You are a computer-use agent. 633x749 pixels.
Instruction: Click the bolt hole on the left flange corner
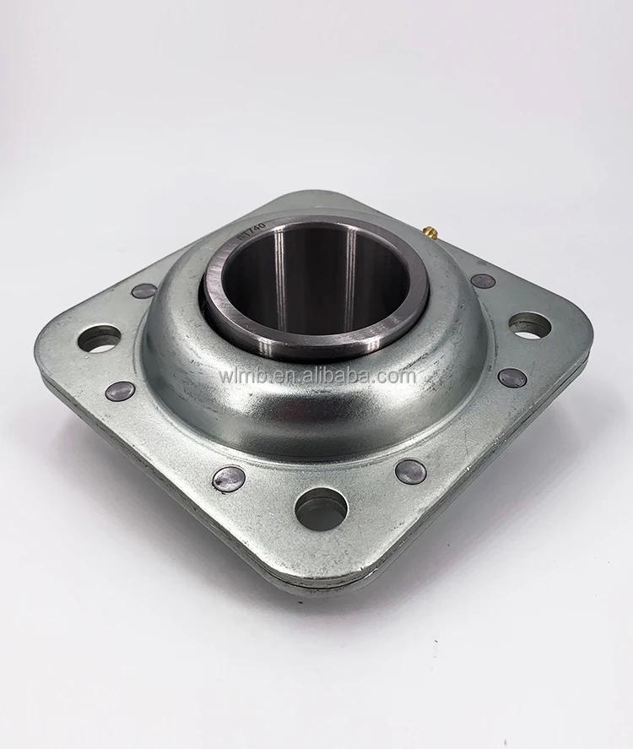click(x=99, y=339)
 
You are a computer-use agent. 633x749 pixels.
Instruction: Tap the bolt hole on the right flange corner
click(x=530, y=324)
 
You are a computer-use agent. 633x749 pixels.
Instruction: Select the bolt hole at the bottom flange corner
click(x=321, y=508)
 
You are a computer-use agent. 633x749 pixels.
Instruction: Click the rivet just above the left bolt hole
click(x=144, y=290)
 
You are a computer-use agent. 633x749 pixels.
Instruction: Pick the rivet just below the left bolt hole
click(x=120, y=391)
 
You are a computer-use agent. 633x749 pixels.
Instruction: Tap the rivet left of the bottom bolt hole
click(x=229, y=479)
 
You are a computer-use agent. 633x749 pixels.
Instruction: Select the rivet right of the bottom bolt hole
click(x=411, y=472)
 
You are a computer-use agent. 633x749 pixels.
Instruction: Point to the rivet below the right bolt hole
click(x=512, y=377)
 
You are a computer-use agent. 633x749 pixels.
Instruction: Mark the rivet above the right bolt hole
click(x=483, y=280)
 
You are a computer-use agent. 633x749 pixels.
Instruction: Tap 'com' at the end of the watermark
click(x=401, y=376)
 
